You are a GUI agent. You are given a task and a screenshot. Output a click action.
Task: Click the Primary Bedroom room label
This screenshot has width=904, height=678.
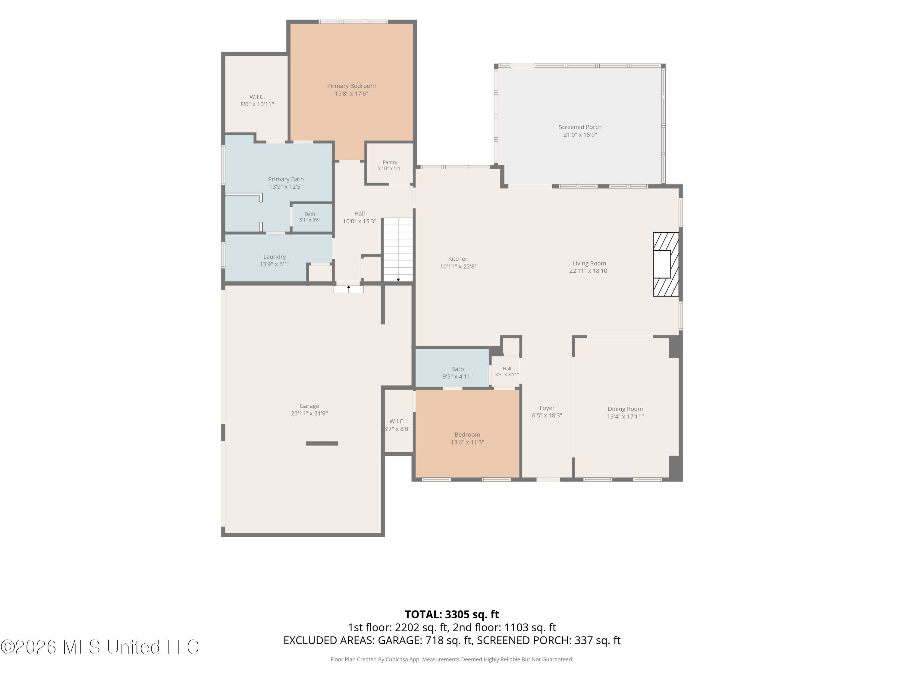(x=351, y=86)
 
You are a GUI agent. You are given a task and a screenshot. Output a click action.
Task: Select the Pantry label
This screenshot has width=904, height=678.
(x=390, y=162)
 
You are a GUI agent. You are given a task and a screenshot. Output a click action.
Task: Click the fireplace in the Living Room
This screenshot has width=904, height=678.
(x=665, y=264)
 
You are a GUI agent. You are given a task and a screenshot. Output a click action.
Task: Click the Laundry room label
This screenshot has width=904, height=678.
(x=274, y=257)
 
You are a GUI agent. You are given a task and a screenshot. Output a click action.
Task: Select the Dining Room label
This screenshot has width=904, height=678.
(x=625, y=409)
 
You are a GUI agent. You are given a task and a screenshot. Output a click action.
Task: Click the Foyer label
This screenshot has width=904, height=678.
(x=547, y=408)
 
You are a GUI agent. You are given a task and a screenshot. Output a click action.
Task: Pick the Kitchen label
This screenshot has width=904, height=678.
(x=458, y=259)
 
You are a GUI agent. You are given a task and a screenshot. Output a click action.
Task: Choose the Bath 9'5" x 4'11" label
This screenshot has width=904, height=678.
(x=457, y=373)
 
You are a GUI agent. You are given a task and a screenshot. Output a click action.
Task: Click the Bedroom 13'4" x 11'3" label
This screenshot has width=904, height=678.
(x=467, y=438)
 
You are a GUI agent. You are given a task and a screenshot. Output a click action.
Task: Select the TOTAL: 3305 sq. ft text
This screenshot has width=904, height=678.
(x=452, y=614)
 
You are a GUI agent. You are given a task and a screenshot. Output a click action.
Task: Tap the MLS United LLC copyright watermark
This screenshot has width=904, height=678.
(x=100, y=647)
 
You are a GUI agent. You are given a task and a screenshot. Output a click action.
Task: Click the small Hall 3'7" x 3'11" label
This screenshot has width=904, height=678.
(x=507, y=372)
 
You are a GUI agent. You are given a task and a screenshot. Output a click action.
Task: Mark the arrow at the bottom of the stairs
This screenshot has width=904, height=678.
(x=398, y=280)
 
